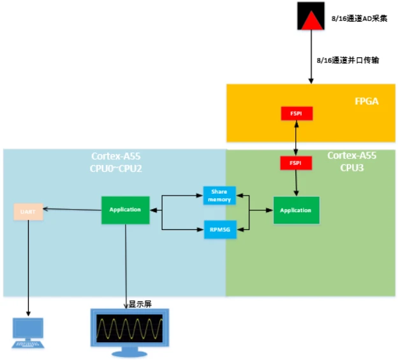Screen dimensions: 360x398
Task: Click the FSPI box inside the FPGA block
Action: tap(296, 113)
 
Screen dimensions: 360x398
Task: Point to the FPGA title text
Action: tap(367, 101)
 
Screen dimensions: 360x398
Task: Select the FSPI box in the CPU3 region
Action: tap(296, 162)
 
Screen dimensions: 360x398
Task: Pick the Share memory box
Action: tap(219, 196)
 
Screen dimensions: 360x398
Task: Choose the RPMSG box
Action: tap(219, 229)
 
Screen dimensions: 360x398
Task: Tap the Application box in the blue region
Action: tap(125, 210)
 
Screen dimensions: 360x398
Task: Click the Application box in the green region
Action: tap(296, 210)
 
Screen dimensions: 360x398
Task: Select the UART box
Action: tap(28, 211)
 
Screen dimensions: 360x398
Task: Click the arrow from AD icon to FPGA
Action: tap(311, 57)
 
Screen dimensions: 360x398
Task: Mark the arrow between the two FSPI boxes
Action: tap(296, 138)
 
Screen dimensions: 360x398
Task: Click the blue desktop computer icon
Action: tap(28, 333)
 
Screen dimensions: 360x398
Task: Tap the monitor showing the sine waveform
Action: tap(129, 330)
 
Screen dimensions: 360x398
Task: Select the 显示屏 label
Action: tap(140, 304)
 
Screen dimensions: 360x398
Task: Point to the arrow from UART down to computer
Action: tap(28, 268)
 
